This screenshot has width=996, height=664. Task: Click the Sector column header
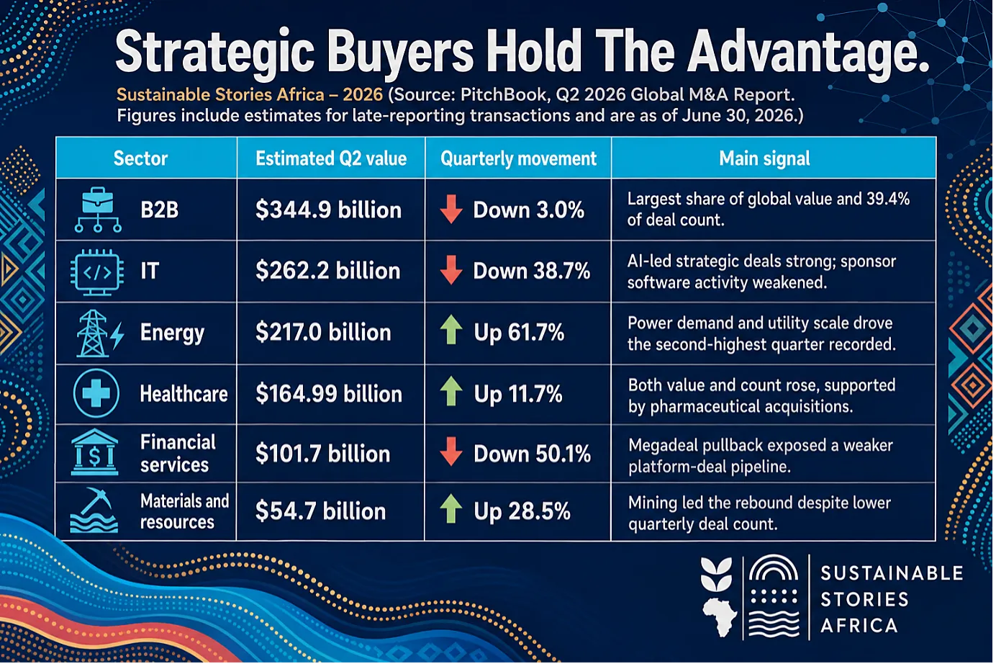(140, 158)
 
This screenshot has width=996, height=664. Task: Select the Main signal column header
(764, 158)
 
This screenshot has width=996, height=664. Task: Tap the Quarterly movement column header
(518, 159)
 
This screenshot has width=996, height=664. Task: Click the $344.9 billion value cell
(328, 210)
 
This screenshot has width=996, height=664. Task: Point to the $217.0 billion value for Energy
(323, 333)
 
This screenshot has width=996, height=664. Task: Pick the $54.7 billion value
(320, 511)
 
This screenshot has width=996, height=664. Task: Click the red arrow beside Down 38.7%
(451, 269)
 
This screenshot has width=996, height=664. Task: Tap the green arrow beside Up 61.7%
(451, 330)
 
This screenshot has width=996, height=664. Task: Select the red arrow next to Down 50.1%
(451, 452)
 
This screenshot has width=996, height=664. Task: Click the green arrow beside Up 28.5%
(451, 508)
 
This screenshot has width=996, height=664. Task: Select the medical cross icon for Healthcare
(96, 393)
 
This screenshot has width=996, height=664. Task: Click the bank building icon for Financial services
(95, 452)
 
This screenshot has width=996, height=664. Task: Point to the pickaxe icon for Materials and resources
(94, 510)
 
